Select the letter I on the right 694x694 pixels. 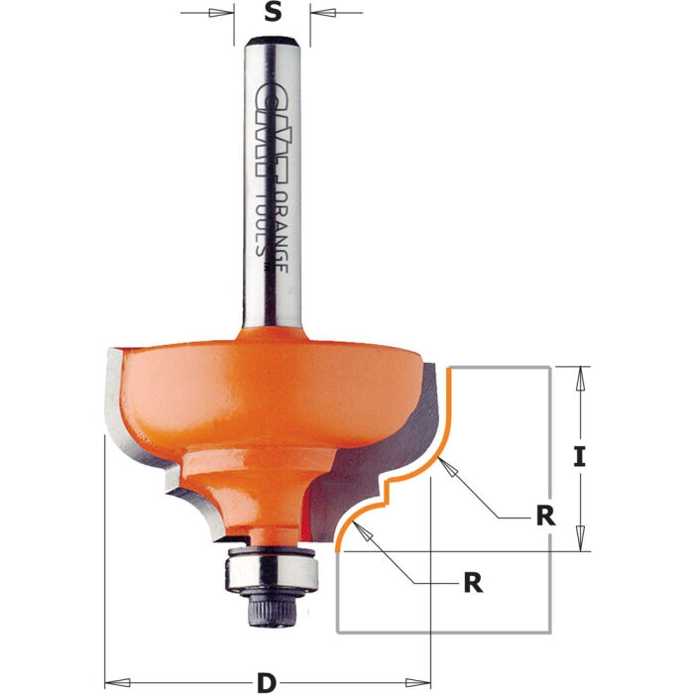[581, 457]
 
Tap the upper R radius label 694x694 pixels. [543, 517]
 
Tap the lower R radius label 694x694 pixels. [473, 582]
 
